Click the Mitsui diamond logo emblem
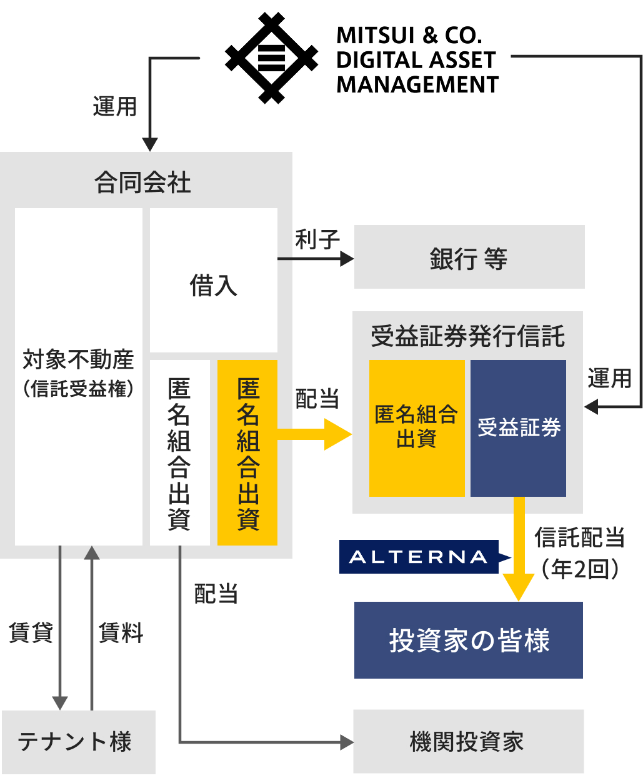[x=271, y=58]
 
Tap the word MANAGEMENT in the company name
[x=417, y=84]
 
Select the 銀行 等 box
[x=469, y=257]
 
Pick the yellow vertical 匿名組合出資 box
[x=247, y=452]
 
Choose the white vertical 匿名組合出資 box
[x=179, y=452]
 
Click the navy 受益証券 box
[x=518, y=428]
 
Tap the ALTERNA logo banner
[x=419, y=557]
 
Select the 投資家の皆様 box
[x=468, y=640]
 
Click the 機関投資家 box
[x=468, y=741]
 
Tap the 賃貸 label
[x=30, y=632]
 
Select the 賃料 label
[x=121, y=632]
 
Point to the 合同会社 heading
[x=143, y=182]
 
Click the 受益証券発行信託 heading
[x=467, y=336]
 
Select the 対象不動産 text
[x=78, y=359]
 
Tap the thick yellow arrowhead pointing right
[x=337, y=434]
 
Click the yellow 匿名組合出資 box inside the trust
[x=416, y=428]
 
